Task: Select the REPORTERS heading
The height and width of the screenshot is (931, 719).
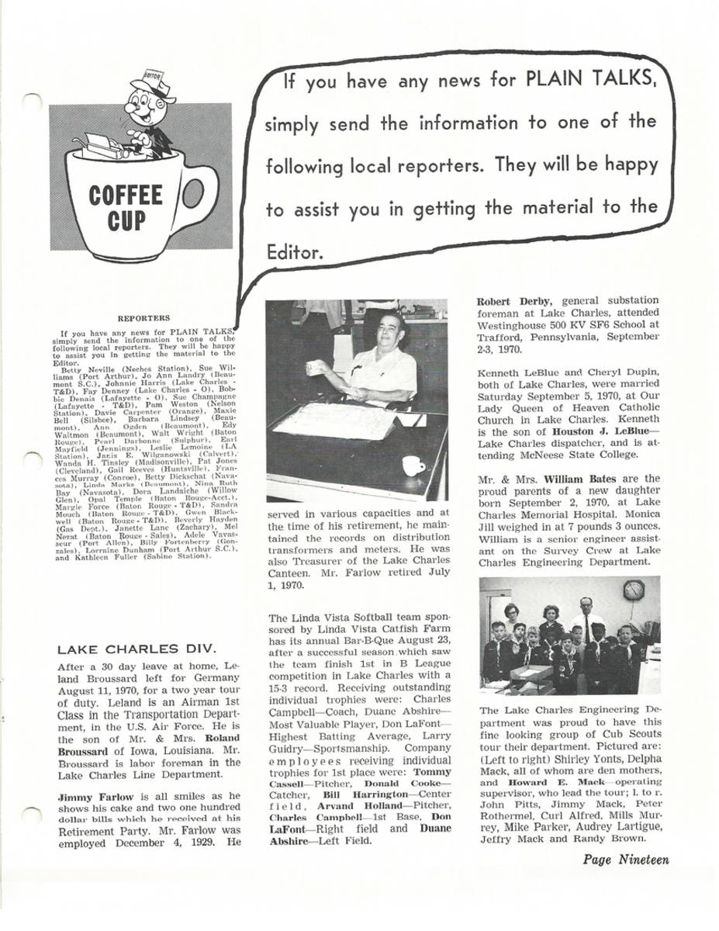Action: pos(143,317)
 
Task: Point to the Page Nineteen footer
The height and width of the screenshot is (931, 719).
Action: pos(626,859)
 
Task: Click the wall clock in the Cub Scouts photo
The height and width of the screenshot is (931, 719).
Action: pos(633,590)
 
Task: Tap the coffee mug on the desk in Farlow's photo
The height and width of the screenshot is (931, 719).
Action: pos(413,465)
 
